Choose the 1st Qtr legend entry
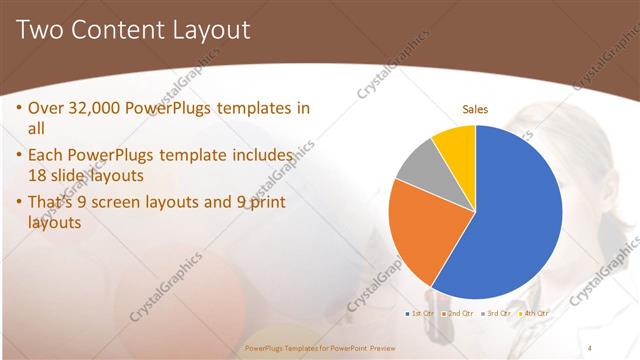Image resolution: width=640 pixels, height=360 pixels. click(x=420, y=313)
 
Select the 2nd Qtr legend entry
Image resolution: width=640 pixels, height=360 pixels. click(x=457, y=313)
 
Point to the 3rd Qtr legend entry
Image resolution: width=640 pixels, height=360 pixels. click(x=496, y=313)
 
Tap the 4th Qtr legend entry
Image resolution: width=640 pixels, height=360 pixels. click(x=534, y=313)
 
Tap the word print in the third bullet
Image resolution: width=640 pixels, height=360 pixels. click(x=264, y=202)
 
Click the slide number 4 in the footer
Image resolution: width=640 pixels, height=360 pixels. click(x=590, y=347)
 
